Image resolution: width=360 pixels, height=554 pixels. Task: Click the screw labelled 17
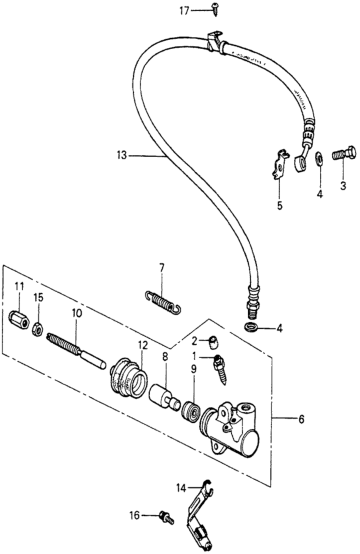click(x=214, y=9)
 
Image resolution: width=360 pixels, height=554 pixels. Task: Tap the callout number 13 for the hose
click(x=122, y=155)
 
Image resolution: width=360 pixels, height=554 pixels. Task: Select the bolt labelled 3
click(x=344, y=154)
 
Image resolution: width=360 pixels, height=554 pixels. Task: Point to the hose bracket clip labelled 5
click(x=280, y=164)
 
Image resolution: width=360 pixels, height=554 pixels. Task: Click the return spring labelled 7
click(x=163, y=301)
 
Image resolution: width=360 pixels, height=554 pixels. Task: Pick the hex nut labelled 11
click(x=19, y=320)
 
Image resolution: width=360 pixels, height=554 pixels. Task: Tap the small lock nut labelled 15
click(x=38, y=330)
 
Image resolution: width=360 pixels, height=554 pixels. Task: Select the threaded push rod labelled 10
click(x=76, y=351)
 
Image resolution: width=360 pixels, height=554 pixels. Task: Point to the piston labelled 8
click(x=164, y=398)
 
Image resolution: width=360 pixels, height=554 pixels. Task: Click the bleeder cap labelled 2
click(x=213, y=342)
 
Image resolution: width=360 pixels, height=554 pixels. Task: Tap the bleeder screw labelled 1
click(x=219, y=369)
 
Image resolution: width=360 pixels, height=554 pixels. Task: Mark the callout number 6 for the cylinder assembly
click(x=301, y=420)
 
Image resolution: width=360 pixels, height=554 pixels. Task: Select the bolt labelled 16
click(x=167, y=517)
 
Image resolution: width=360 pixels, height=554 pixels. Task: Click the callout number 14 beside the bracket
click(x=181, y=488)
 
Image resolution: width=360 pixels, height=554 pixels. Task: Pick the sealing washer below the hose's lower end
click(x=251, y=327)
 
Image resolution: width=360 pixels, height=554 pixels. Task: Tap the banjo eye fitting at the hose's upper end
click(x=300, y=162)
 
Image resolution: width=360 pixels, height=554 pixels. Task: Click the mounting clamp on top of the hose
click(x=214, y=42)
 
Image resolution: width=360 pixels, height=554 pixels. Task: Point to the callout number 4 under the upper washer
click(x=320, y=194)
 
